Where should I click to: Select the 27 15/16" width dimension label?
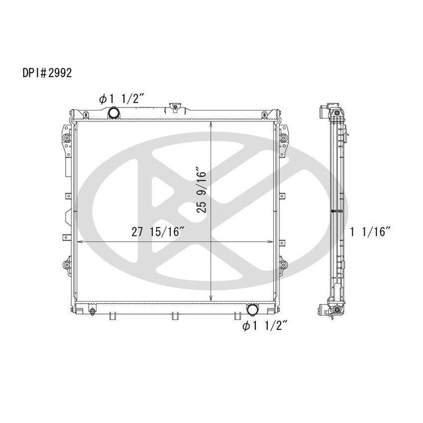pos(158,232)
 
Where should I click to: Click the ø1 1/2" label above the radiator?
pos(122,99)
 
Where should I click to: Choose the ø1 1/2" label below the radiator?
pos(265,326)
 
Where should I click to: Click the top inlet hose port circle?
pos(114,113)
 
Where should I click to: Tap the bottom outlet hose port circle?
pos(253,310)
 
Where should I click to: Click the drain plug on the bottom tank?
pos(92,312)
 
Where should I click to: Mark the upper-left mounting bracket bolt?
pos(66,137)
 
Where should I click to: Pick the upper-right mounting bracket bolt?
pos(283,137)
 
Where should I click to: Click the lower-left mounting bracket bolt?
pos(66,265)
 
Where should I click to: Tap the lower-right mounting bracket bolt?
pos(283,265)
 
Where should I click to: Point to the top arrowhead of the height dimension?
pos(212,123)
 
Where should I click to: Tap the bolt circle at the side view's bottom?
pos(337,311)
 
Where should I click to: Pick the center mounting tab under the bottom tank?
pos(174,316)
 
